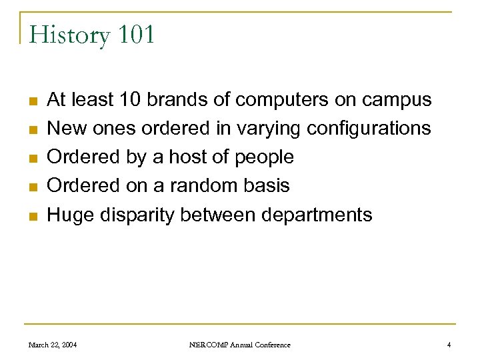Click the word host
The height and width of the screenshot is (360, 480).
pos(171,157)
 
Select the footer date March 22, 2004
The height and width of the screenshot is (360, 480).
pos(53,345)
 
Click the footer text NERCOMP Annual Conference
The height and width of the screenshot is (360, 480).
pos(239,345)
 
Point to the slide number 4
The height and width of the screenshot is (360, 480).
pos(449,345)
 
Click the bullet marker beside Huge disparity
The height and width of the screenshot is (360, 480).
pos(31,216)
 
